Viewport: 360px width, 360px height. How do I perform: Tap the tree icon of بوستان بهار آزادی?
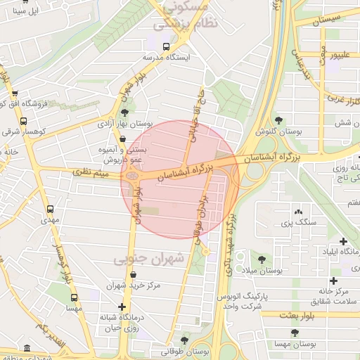[x=124, y=112]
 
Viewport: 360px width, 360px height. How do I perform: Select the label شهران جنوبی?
[x=148, y=259]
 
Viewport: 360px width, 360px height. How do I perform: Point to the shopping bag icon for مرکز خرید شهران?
[x=135, y=274]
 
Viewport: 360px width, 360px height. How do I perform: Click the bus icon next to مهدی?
[x=50, y=209]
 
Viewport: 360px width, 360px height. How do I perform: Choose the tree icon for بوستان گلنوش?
[x=278, y=120]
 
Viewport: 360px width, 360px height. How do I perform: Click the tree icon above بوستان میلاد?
[x=262, y=259]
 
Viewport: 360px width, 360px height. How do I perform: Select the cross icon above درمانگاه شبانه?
[x=123, y=306]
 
